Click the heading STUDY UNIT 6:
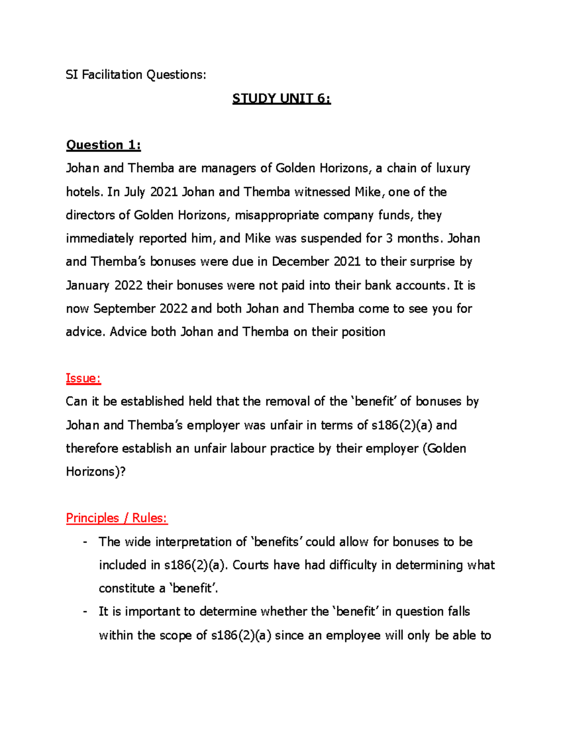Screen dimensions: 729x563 pyautogui.click(x=281, y=99)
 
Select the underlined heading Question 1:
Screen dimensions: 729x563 pyautogui.click(x=103, y=145)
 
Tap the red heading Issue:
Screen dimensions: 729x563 pyautogui.click(x=84, y=378)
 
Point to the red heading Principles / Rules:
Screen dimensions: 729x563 pyautogui.click(x=116, y=518)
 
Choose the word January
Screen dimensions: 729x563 pyautogui.click(x=88, y=285)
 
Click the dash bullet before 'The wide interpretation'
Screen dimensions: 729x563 pyautogui.click(x=85, y=542)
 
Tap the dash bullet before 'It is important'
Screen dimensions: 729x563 pyautogui.click(x=85, y=612)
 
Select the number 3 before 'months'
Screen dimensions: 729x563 pyautogui.click(x=389, y=238)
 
